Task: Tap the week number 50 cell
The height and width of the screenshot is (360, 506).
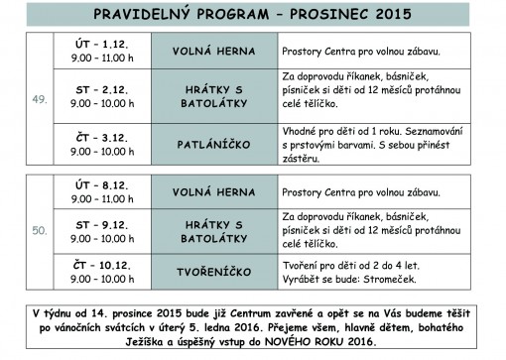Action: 41,231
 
